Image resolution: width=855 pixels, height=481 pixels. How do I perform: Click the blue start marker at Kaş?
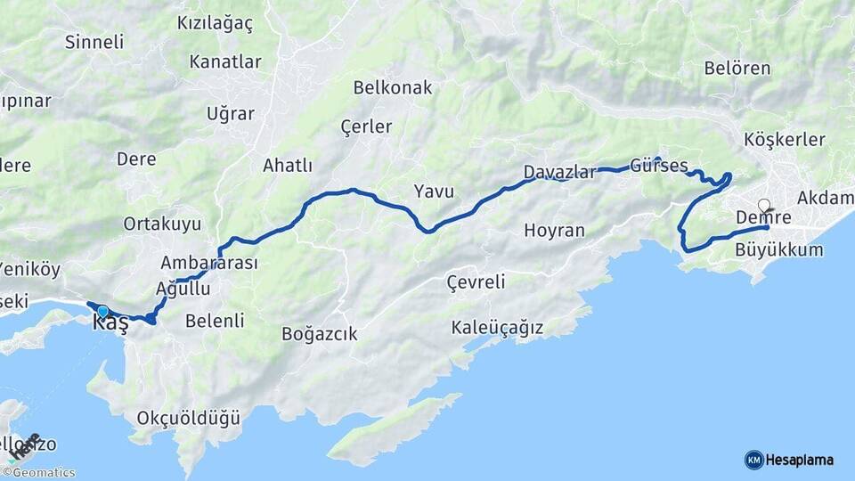[x=103, y=311]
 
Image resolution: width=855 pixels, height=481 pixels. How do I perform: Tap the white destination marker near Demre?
[x=763, y=205]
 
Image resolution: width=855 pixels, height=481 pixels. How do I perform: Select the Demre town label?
[x=764, y=217]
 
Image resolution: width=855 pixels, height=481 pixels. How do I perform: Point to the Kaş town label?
[x=110, y=324]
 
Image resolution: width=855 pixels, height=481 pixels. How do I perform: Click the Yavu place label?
[x=434, y=191]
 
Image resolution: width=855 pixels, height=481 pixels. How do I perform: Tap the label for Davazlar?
[x=559, y=172]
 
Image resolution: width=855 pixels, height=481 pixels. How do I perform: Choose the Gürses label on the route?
[x=659, y=166]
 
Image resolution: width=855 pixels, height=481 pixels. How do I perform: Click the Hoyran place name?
[x=554, y=231]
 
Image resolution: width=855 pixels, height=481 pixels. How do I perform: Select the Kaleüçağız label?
[x=497, y=328]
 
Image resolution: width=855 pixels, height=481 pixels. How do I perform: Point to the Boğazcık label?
[x=319, y=334]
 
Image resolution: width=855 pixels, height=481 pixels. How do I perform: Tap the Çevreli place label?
[x=475, y=282]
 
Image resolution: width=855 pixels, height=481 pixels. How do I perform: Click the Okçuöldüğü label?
[x=189, y=417]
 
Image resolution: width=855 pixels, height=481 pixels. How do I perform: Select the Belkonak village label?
[x=393, y=87]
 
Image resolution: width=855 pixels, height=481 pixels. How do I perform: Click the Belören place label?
[x=737, y=68]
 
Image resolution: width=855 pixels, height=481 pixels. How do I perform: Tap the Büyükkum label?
[x=779, y=250]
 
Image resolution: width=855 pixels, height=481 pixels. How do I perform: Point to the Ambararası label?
[x=209, y=263]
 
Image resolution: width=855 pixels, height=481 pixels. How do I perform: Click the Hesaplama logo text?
[x=801, y=460]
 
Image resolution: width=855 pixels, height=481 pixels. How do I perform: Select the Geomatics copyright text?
[x=43, y=473]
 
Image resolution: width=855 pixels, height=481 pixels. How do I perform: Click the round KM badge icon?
[x=754, y=460]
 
